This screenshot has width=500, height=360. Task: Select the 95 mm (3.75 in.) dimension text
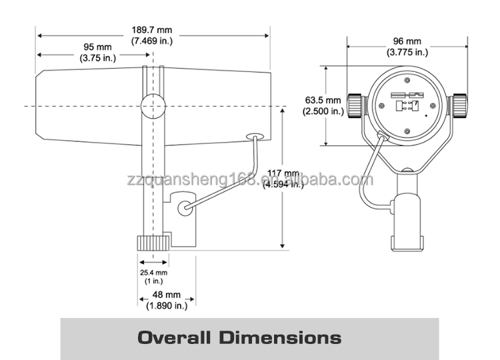(97, 53)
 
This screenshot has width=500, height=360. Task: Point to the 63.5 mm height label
(323, 105)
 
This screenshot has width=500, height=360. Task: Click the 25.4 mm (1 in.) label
(153, 277)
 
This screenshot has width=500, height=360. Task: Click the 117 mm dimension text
(283, 179)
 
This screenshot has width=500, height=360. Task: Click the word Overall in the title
(176, 337)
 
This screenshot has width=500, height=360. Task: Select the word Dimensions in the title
(281, 337)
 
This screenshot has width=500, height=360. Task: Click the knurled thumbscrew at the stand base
(152, 242)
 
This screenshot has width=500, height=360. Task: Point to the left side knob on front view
(357, 104)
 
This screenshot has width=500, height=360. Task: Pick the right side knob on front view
(459, 105)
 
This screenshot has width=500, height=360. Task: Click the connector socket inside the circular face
(406, 101)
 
